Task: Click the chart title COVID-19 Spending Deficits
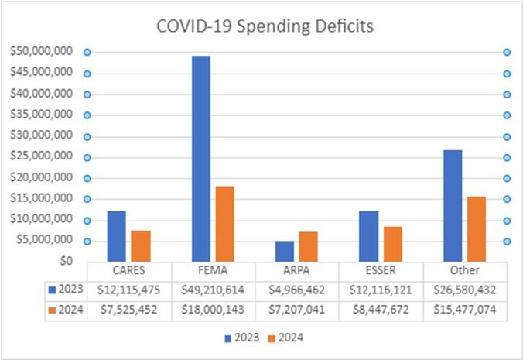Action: click(x=265, y=26)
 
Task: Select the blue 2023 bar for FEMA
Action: click(x=201, y=159)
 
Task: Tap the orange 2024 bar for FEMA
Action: click(x=224, y=224)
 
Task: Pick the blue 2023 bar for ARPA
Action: click(x=285, y=252)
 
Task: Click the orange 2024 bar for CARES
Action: click(x=141, y=246)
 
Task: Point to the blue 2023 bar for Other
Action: click(x=453, y=206)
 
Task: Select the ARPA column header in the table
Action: click(x=297, y=271)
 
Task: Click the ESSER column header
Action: click(x=381, y=271)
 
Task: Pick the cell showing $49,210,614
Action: click(x=214, y=290)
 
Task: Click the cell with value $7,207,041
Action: click(x=297, y=309)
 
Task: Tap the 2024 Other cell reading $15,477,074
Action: click(x=464, y=309)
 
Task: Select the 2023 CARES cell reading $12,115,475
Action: click(x=129, y=290)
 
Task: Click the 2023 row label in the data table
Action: click(x=65, y=290)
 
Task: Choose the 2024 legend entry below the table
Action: click(x=285, y=338)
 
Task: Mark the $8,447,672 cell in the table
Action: click(x=381, y=309)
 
